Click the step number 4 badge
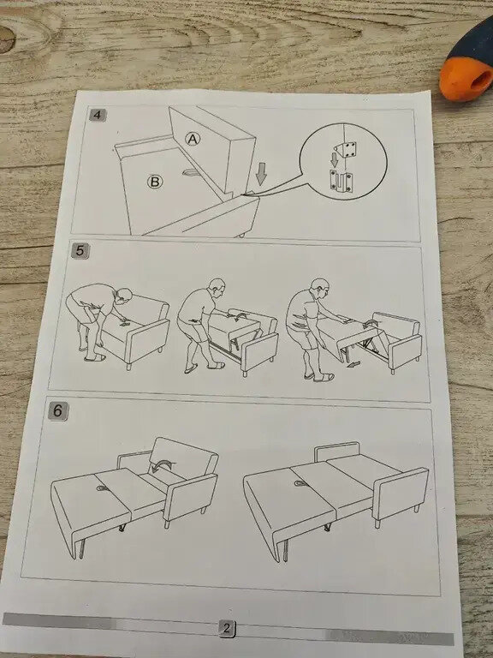point(98,115)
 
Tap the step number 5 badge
point(80,251)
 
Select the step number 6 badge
point(57,411)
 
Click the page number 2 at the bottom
point(226,629)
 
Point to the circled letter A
point(193,140)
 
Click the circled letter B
point(155,182)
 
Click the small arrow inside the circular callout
point(334,159)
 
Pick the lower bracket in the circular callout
point(342,181)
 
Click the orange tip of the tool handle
point(466,79)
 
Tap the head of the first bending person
point(124,296)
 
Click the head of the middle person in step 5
point(217,288)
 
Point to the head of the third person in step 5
point(319,287)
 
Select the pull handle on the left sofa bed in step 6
point(102,488)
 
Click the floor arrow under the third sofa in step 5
point(353,363)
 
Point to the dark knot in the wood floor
point(7,39)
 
